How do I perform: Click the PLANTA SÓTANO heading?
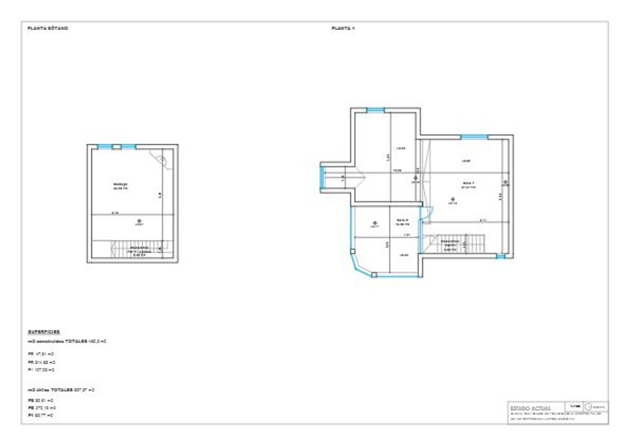[47, 28]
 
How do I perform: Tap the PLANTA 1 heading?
[343, 28]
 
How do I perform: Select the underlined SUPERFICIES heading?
[44, 332]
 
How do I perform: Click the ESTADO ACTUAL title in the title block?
[530, 408]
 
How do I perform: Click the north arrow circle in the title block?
[588, 406]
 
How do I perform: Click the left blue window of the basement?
[104, 146]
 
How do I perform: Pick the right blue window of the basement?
[129, 146]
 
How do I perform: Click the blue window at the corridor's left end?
[322, 177]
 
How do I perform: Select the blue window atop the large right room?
[474, 137]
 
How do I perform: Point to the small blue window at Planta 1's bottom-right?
[500, 256]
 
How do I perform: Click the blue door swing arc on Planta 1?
[428, 215]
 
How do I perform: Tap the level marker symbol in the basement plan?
[139, 221]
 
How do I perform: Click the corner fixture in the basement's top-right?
[162, 160]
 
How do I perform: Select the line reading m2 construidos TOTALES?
[67, 341]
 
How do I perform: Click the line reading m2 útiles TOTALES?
[61, 390]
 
